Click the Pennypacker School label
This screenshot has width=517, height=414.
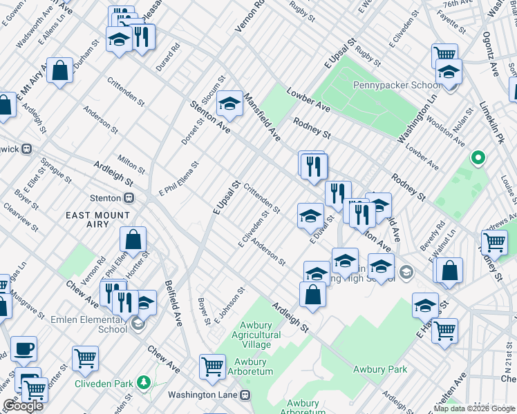pos(397,86)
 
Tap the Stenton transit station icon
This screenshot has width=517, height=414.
pos(129,198)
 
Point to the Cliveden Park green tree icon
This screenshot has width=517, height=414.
pos(143,382)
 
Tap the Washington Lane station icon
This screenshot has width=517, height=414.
pos(243,395)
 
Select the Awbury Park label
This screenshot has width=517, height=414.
pos(380,369)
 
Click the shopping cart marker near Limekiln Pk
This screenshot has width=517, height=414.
pos(495,242)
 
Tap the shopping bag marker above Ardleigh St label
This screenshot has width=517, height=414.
pos(312,295)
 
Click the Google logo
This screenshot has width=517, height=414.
pos(23,405)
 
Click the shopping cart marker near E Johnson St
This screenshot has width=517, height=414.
pos(212,366)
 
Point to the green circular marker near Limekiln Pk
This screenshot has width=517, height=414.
pos(476,158)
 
